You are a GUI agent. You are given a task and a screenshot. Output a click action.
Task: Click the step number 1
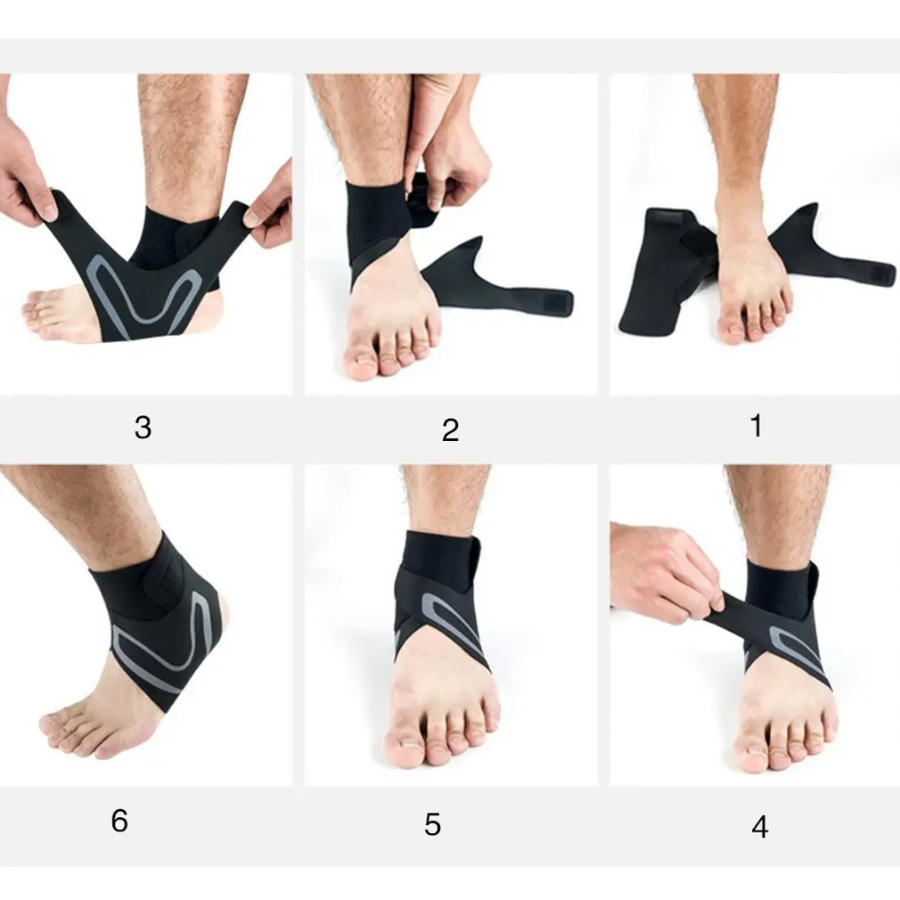click(x=757, y=426)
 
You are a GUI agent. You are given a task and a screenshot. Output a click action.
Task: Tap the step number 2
click(x=451, y=430)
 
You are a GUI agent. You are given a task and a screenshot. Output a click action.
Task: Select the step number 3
click(x=143, y=428)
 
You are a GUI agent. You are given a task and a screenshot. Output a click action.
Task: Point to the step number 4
click(x=760, y=828)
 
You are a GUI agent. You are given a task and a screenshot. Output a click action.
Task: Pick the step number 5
click(x=433, y=825)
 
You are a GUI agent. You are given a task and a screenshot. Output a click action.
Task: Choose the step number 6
click(x=119, y=821)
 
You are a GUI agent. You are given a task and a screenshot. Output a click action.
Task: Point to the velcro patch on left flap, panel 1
click(x=673, y=216)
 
